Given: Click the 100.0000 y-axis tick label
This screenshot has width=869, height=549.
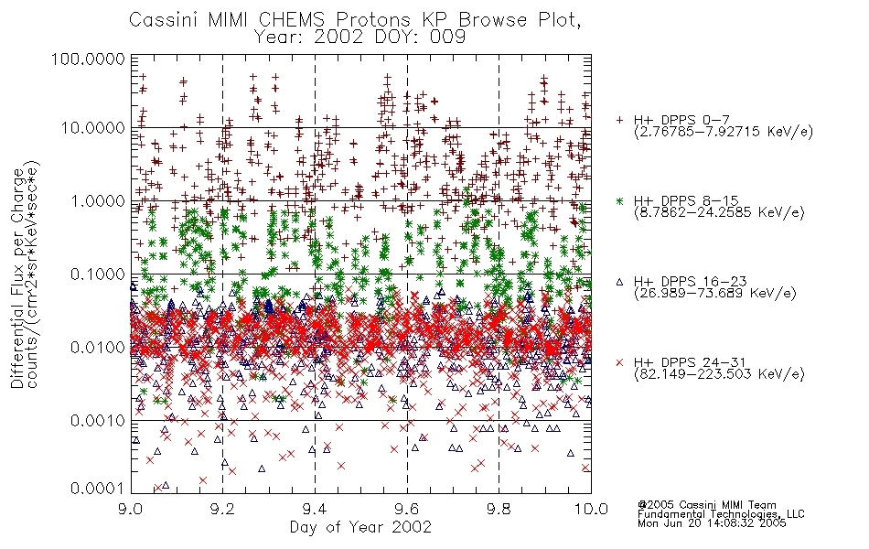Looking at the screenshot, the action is pyautogui.click(x=88, y=59).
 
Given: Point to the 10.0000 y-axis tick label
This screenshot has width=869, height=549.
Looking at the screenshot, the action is pyautogui.click(x=92, y=128).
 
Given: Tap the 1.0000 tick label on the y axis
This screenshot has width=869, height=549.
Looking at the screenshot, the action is pyautogui.click(x=98, y=200).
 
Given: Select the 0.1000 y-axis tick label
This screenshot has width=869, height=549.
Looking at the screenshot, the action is pyautogui.click(x=98, y=274).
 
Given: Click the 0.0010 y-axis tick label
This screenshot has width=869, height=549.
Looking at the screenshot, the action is pyautogui.click(x=98, y=421).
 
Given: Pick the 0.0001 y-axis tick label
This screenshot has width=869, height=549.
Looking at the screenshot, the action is pyautogui.click(x=98, y=489).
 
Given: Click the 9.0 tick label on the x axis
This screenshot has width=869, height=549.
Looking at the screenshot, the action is pyautogui.click(x=131, y=509).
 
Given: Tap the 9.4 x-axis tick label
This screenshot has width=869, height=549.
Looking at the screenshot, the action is pyautogui.click(x=315, y=509).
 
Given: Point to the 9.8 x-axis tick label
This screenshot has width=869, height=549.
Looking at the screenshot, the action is pyautogui.click(x=499, y=509).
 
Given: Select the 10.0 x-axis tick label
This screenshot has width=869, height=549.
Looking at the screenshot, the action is pyautogui.click(x=591, y=509).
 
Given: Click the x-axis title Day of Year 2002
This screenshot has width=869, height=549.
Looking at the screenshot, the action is pyautogui.click(x=360, y=527).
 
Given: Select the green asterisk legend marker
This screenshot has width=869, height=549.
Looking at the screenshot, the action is pyautogui.click(x=619, y=200).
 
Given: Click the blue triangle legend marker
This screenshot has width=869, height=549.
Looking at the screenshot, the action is pyautogui.click(x=619, y=282).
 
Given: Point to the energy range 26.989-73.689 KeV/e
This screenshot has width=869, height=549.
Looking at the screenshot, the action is pyautogui.click(x=715, y=294).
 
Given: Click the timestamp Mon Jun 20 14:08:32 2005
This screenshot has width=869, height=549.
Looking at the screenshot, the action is pyautogui.click(x=712, y=523).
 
